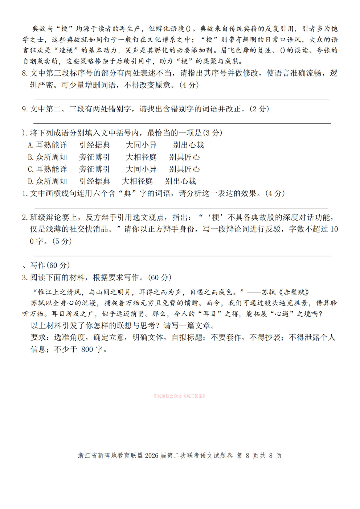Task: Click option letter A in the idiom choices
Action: (x=30, y=145)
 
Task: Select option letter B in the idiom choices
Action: (x=30, y=157)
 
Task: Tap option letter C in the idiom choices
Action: (x=30, y=169)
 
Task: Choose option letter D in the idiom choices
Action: (x=30, y=181)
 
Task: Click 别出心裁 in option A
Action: (x=188, y=145)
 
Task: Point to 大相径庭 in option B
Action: (x=141, y=157)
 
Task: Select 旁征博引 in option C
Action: (x=94, y=169)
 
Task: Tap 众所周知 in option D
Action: (x=52, y=181)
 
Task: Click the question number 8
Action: (x=24, y=73)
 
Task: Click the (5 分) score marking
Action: (x=62, y=241)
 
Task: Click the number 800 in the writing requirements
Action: (x=87, y=349)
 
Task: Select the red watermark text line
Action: (x=179, y=396)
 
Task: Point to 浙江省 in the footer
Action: (x=87, y=456)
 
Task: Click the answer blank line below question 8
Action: (x=181, y=99)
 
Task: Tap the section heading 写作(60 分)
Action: (x=50, y=265)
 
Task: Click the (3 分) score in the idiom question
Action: (x=212, y=133)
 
